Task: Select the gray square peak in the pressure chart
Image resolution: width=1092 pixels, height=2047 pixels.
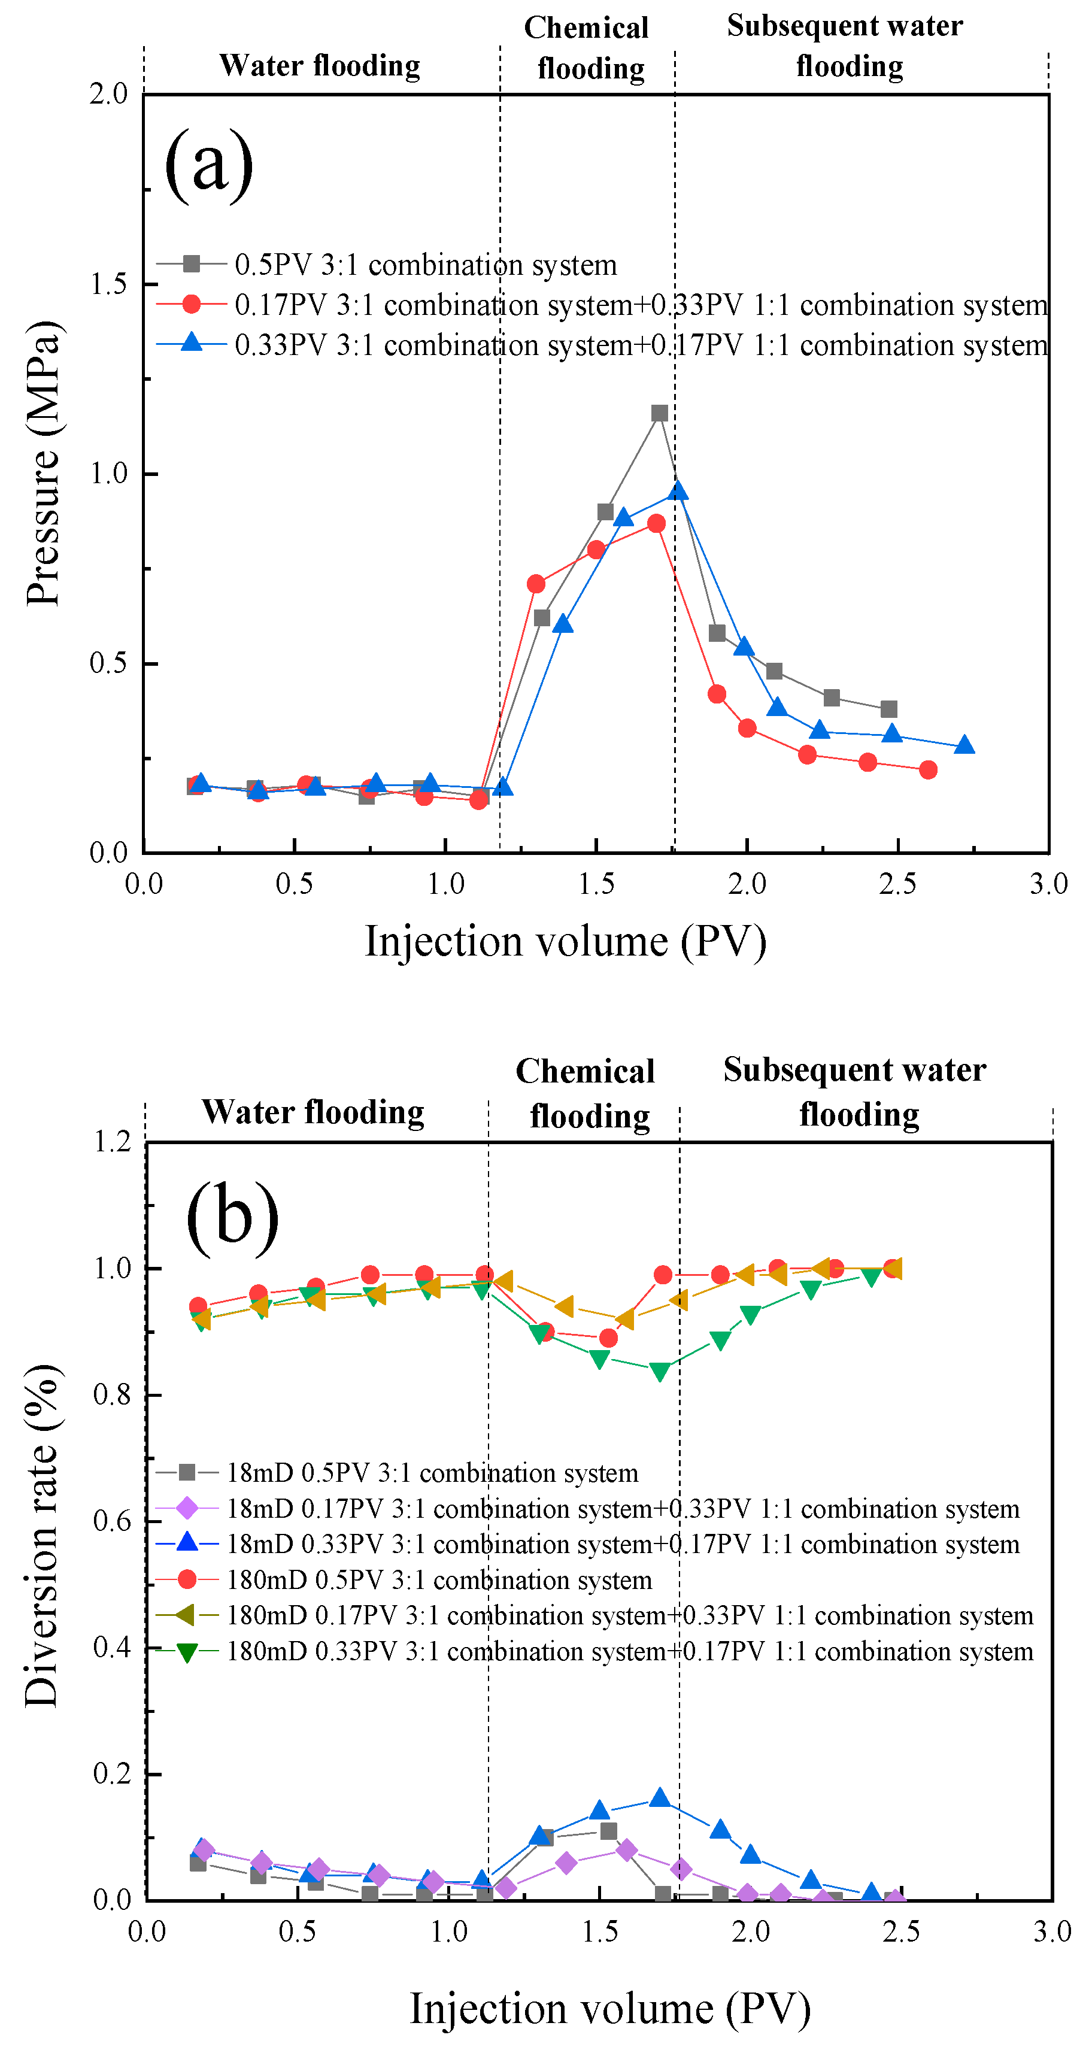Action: tap(659, 413)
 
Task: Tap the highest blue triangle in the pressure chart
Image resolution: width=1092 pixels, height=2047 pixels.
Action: tap(677, 491)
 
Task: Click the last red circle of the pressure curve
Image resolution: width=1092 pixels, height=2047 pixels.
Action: tap(927, 769)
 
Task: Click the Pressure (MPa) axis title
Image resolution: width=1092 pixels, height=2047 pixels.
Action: tap(43, 464)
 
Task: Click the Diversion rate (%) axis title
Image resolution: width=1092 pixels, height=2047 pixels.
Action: tap(41, 1536)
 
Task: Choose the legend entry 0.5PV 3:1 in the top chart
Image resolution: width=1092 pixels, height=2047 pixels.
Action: tap(425, 265)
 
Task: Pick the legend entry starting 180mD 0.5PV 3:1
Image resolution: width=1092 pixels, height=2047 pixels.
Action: tap(439, 1580)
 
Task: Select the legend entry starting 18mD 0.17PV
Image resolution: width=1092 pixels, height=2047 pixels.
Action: tap(622, 1509)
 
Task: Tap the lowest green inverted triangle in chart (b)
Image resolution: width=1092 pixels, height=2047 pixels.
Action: tap(660, 1372)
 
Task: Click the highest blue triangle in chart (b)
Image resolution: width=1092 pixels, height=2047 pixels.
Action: tap(660, 1797)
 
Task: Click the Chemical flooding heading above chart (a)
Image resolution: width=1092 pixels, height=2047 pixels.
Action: tap(588, 48)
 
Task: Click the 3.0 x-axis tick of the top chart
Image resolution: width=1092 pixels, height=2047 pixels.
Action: tap(1048, 884)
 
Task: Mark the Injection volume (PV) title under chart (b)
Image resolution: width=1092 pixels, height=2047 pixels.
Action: tap(609, 2009)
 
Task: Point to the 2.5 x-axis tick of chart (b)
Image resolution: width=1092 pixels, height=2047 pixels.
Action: tap(901, 1932)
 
